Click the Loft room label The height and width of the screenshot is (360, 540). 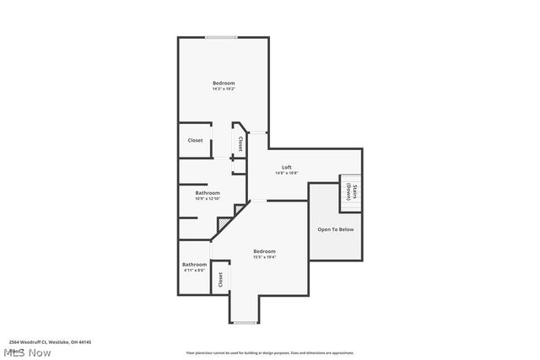(x=287, y=167)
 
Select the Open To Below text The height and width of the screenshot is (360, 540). (x=335, y=229)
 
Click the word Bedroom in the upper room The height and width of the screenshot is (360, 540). (x=223, y=83)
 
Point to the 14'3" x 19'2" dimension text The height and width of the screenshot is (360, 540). (x=223, y=89)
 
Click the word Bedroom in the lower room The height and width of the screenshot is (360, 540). (x=264, y=251)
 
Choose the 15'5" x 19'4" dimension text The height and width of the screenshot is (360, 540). (x=264, y=257)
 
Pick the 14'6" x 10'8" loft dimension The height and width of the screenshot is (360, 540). (x=287, y=173)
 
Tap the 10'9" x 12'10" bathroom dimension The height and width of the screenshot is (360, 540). (x=208, y=199)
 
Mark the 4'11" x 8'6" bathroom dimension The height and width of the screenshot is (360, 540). (x=194, y=271)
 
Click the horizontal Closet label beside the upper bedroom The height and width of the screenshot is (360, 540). (x=195, y=141)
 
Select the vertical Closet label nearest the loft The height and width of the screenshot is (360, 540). (x=240, y=143)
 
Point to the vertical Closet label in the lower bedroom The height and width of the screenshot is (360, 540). (x=221, y=279)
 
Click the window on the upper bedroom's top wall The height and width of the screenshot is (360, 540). (x=221, y=37)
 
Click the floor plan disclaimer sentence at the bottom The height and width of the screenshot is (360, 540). (x=270, y=353)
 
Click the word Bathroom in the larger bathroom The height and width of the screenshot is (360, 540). (x=208, y=193)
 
